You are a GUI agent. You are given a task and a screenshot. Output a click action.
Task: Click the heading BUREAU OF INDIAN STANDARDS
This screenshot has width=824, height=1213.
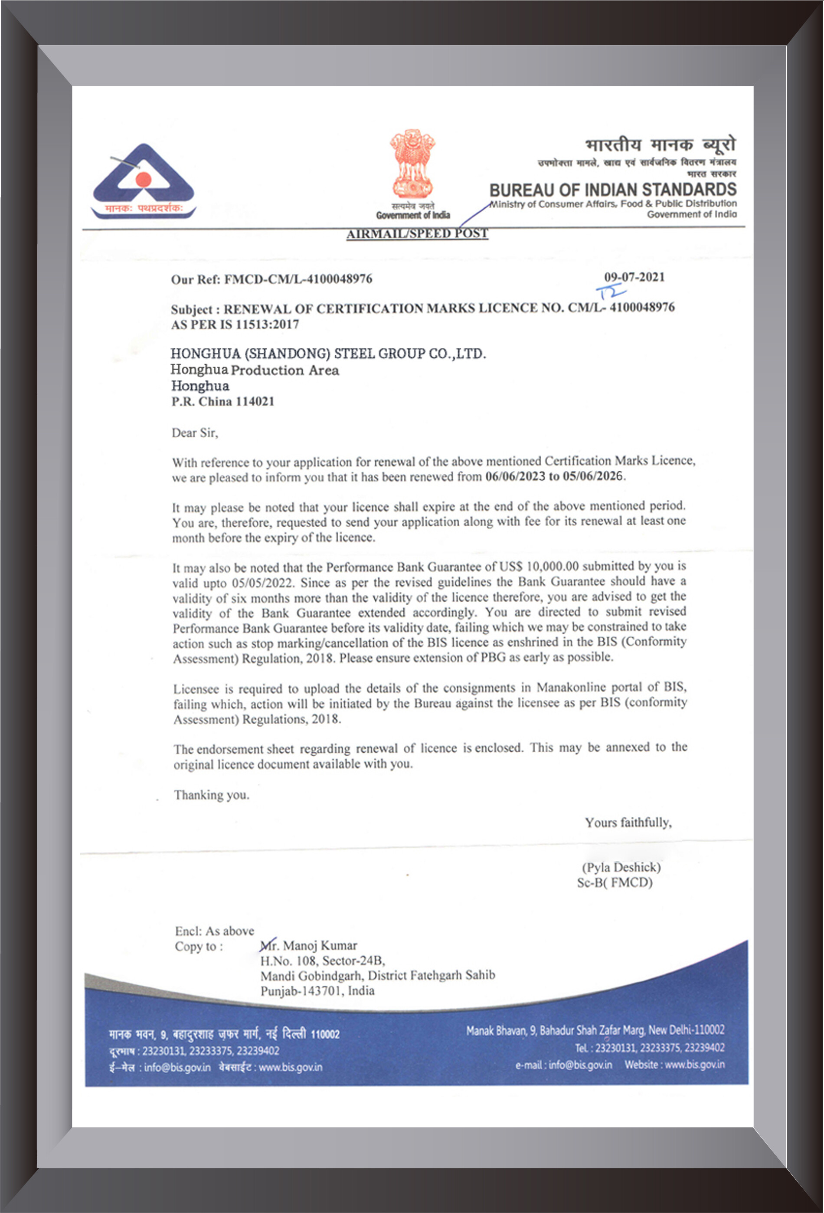(613, 190)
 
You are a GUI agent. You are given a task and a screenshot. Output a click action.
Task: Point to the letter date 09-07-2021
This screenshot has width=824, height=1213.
(634, 277)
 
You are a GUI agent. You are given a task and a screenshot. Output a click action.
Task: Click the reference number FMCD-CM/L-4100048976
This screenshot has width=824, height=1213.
(298, 279)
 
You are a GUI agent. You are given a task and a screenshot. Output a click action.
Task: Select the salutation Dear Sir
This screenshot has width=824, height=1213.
(195, 433)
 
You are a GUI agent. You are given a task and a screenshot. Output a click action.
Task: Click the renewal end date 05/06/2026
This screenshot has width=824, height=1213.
(592, 476)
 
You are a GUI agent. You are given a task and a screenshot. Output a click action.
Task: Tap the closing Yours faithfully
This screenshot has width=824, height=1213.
(628, 823)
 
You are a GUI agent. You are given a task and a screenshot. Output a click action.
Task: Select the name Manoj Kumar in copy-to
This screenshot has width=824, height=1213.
(319, 945)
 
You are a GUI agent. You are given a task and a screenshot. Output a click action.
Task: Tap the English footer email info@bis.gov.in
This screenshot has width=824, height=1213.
(580, 1065)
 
